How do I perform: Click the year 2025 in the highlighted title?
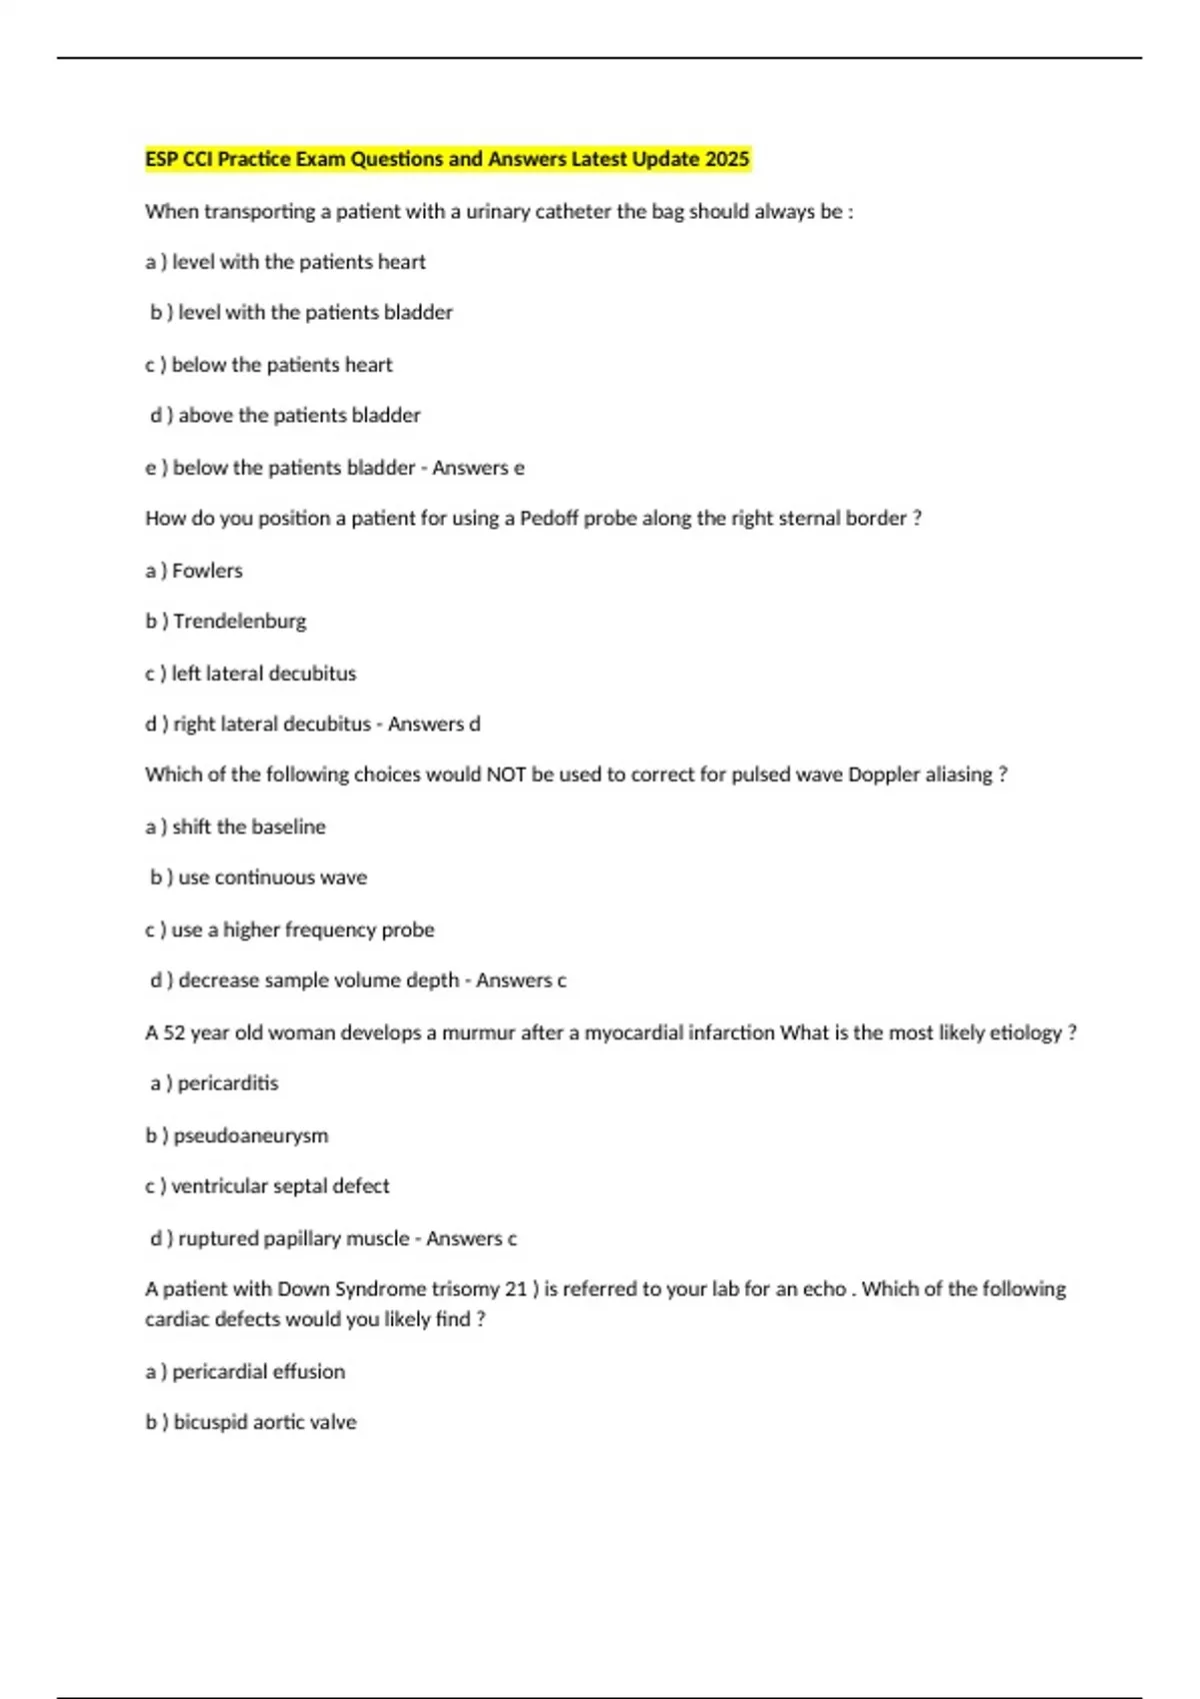click(x=727, y=159)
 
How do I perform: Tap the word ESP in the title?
click(x=162, y=159)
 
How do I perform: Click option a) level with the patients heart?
click(x=285, y=262)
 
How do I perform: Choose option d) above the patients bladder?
click(x=285, y=415)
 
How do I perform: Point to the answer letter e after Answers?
click(x=519, y=468)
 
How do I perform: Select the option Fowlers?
click(x=207, y=571)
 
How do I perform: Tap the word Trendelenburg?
click(x=240, y=622)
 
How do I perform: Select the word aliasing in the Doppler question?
click(x=958, y=775)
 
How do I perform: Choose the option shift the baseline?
click(x=248, y=827)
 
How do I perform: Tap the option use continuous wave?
click(x=272, y=877)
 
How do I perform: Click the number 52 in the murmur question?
click(x=174, y=1032)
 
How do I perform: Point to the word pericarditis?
click(x=228, y=1083)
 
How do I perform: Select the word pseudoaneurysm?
click(x=250, y=1135)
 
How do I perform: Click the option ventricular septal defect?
click(x=280, y=1186)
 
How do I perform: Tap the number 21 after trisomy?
click(x=516, y=1289)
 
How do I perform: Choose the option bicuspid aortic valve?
click(x=264, y=1422)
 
